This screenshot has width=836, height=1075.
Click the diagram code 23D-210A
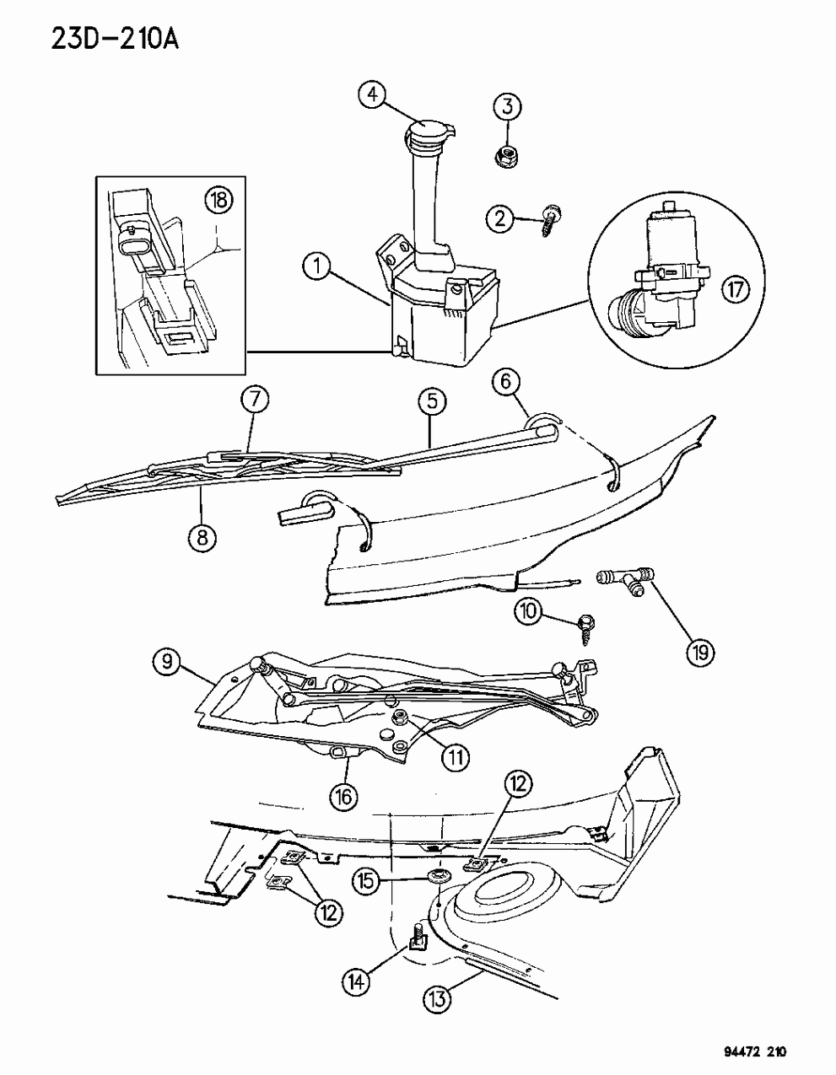click(115, 39)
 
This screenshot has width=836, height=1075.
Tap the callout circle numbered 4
click(373, 94)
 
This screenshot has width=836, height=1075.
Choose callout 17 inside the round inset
click(736, 288)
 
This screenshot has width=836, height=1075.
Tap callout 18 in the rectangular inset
click(219, 201)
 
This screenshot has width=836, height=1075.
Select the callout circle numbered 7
click(255, 400)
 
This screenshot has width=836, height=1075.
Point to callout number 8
click(202, 537)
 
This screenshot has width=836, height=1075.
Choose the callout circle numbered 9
click(167, 661)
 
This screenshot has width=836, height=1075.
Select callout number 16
click(344, 797)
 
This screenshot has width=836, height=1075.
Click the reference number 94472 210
click(747, 1048)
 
